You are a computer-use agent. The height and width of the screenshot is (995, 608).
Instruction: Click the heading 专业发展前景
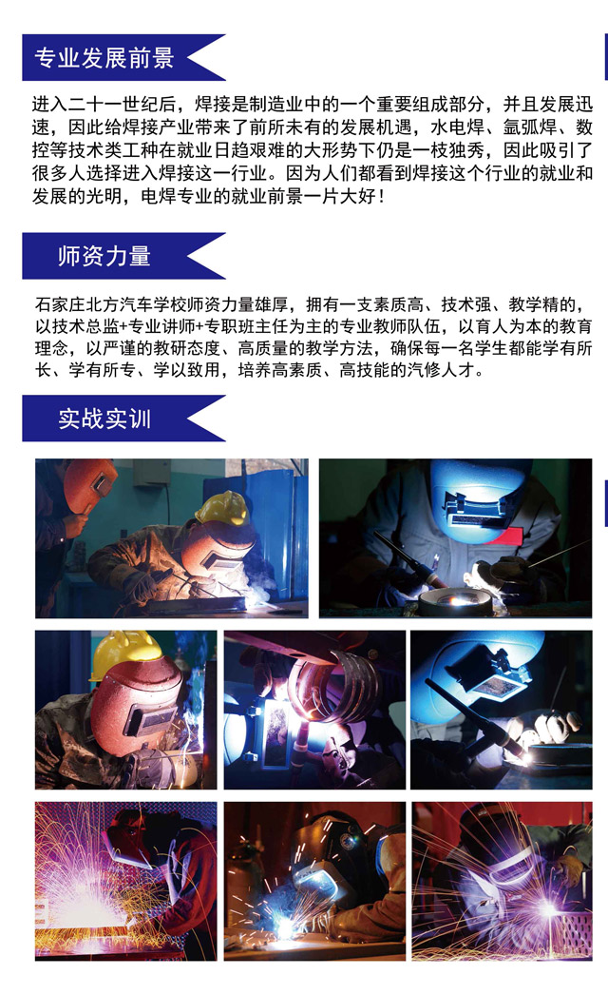coord(104,58)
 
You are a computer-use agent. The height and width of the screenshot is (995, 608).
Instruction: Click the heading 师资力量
coord(104,257)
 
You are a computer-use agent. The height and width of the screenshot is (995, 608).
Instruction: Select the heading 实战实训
coord(104,419)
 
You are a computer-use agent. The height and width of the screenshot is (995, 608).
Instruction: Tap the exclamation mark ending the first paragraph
coord(380,196)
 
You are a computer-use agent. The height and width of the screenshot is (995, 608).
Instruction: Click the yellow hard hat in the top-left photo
coord(223,507)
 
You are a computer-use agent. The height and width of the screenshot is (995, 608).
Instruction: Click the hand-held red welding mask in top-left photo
coord(90,483)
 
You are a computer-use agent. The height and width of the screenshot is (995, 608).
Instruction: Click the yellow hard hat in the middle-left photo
coord(126,654)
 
